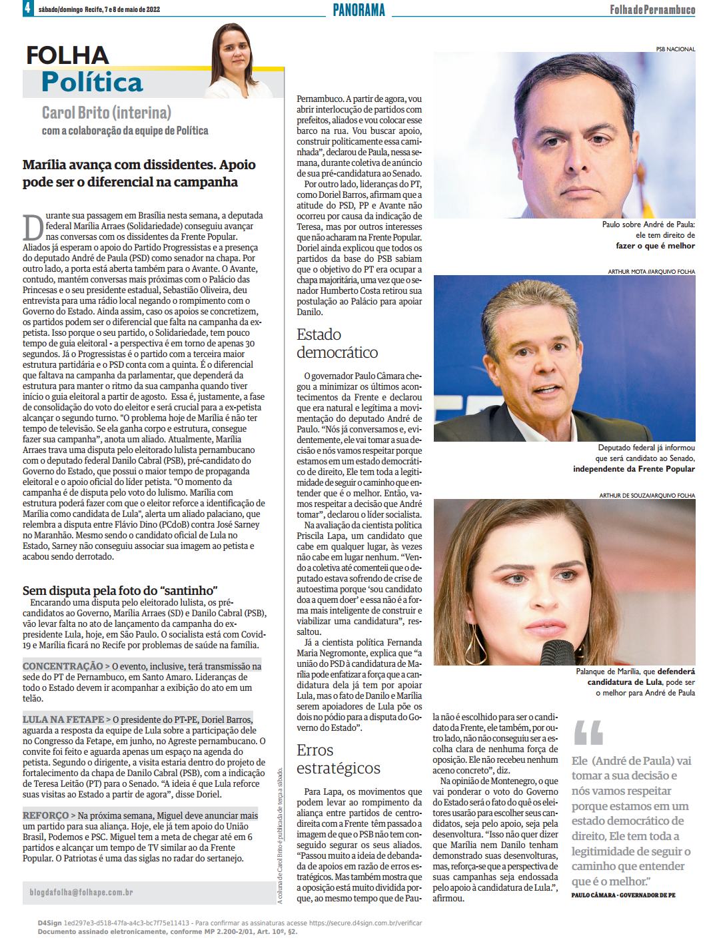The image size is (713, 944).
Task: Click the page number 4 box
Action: (27, 9)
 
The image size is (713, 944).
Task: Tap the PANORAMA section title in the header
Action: (358, 10)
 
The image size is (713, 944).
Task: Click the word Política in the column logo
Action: (92, 83)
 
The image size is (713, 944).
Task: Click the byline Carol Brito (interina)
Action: (107, 113)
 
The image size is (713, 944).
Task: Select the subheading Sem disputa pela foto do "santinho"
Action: (121, 590)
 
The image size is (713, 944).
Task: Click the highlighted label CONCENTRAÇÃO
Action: (63, 666)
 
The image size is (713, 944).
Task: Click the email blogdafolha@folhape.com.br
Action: (81, 892)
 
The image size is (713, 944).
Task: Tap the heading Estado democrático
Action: (337, 343)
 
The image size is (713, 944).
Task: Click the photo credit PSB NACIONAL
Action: (676, 49)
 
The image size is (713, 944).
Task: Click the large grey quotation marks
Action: (588, 731)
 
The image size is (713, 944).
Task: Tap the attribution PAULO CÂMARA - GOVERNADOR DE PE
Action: (623, 895)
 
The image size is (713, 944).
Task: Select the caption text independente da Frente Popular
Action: (634, 468)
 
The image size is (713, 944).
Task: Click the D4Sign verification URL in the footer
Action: (366, 923)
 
